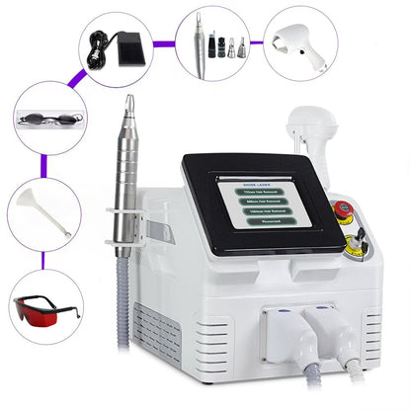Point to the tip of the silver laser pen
point(126,100)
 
